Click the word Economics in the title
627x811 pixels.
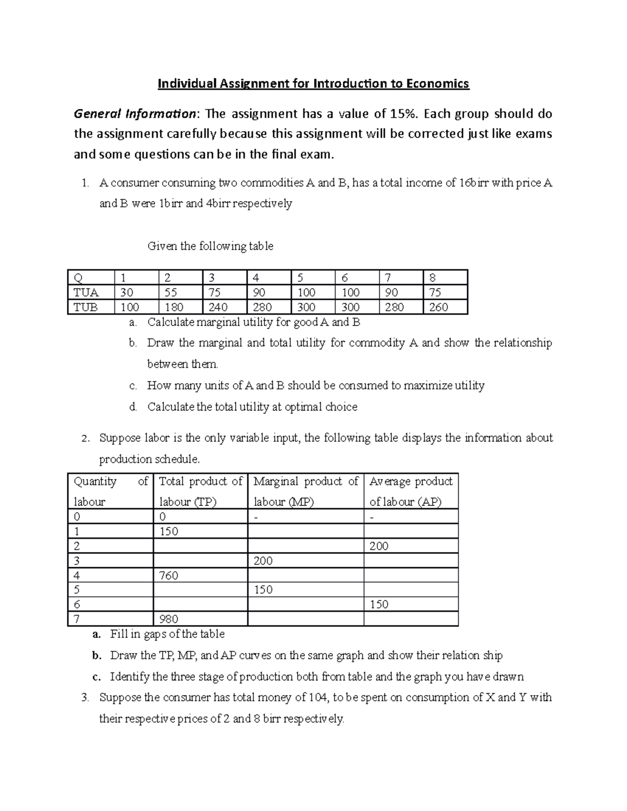[437, 84]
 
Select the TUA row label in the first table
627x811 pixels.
[86, 292]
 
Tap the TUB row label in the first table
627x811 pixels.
[86, 307]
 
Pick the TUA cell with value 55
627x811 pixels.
[171, 292]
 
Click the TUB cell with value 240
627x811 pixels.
[218, 307]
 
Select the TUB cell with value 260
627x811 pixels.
[438, 307]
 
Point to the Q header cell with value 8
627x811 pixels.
[432, 278]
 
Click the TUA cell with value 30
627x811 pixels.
[126, 292]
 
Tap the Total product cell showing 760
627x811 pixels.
[169, 575]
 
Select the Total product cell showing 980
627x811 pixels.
[169, 619]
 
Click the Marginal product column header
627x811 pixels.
[306, 491]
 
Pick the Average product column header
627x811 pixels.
[411, 491]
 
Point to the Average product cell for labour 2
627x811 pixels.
[379, 546]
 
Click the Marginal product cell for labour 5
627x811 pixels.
[263, 590]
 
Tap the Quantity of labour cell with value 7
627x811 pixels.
[77, 619]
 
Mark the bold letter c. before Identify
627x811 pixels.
[96, 677]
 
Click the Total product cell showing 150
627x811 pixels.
[169, 532]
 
